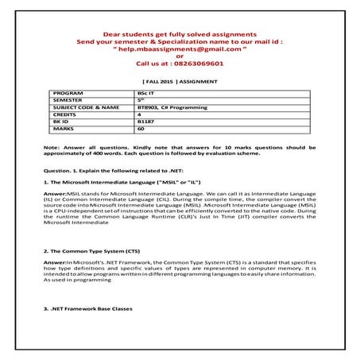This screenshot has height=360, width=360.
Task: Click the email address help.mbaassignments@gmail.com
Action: [x=179, y=48]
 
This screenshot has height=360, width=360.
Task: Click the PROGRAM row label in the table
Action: [x=68, y=93]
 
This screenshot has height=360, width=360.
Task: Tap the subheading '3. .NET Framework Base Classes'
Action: [x=90, y=308]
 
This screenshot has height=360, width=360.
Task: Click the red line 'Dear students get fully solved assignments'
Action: [x=179, y=34]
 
